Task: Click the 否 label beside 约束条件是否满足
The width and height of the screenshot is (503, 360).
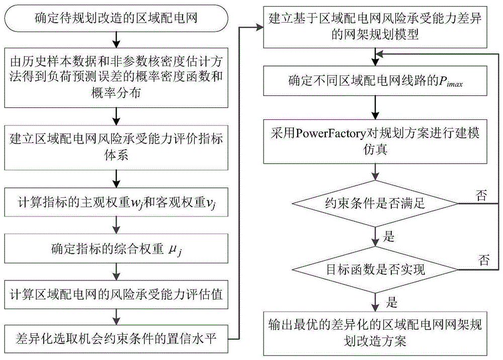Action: coord(481,196)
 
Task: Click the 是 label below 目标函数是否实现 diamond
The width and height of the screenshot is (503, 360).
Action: coord(390,302)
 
